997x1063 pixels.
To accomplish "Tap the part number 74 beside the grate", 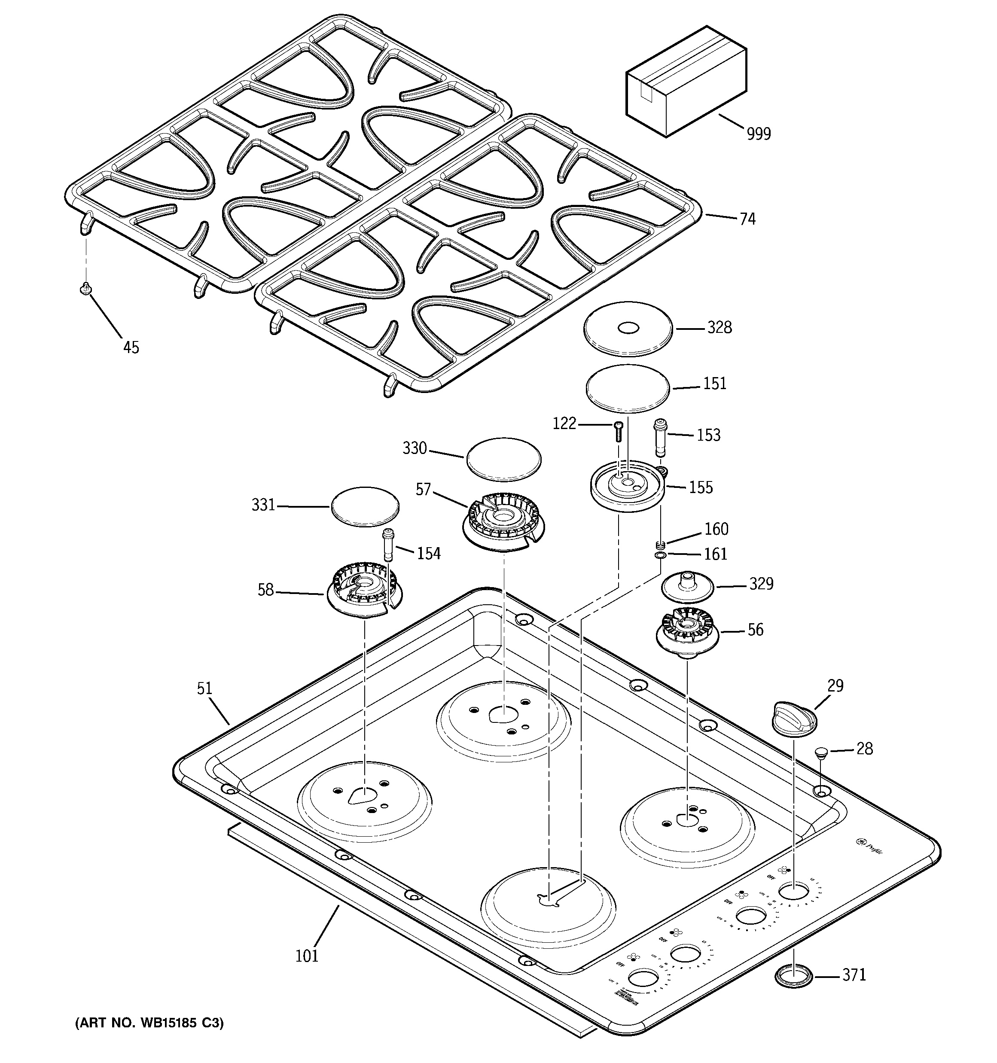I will point(748,219).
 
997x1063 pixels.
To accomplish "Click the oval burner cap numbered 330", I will point(503,458).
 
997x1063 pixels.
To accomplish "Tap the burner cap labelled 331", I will point(365,506).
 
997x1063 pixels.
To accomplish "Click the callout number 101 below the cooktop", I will point(307,956).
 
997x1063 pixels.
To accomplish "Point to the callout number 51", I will point(204,688).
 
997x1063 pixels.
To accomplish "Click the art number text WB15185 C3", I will point(149,1023).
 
